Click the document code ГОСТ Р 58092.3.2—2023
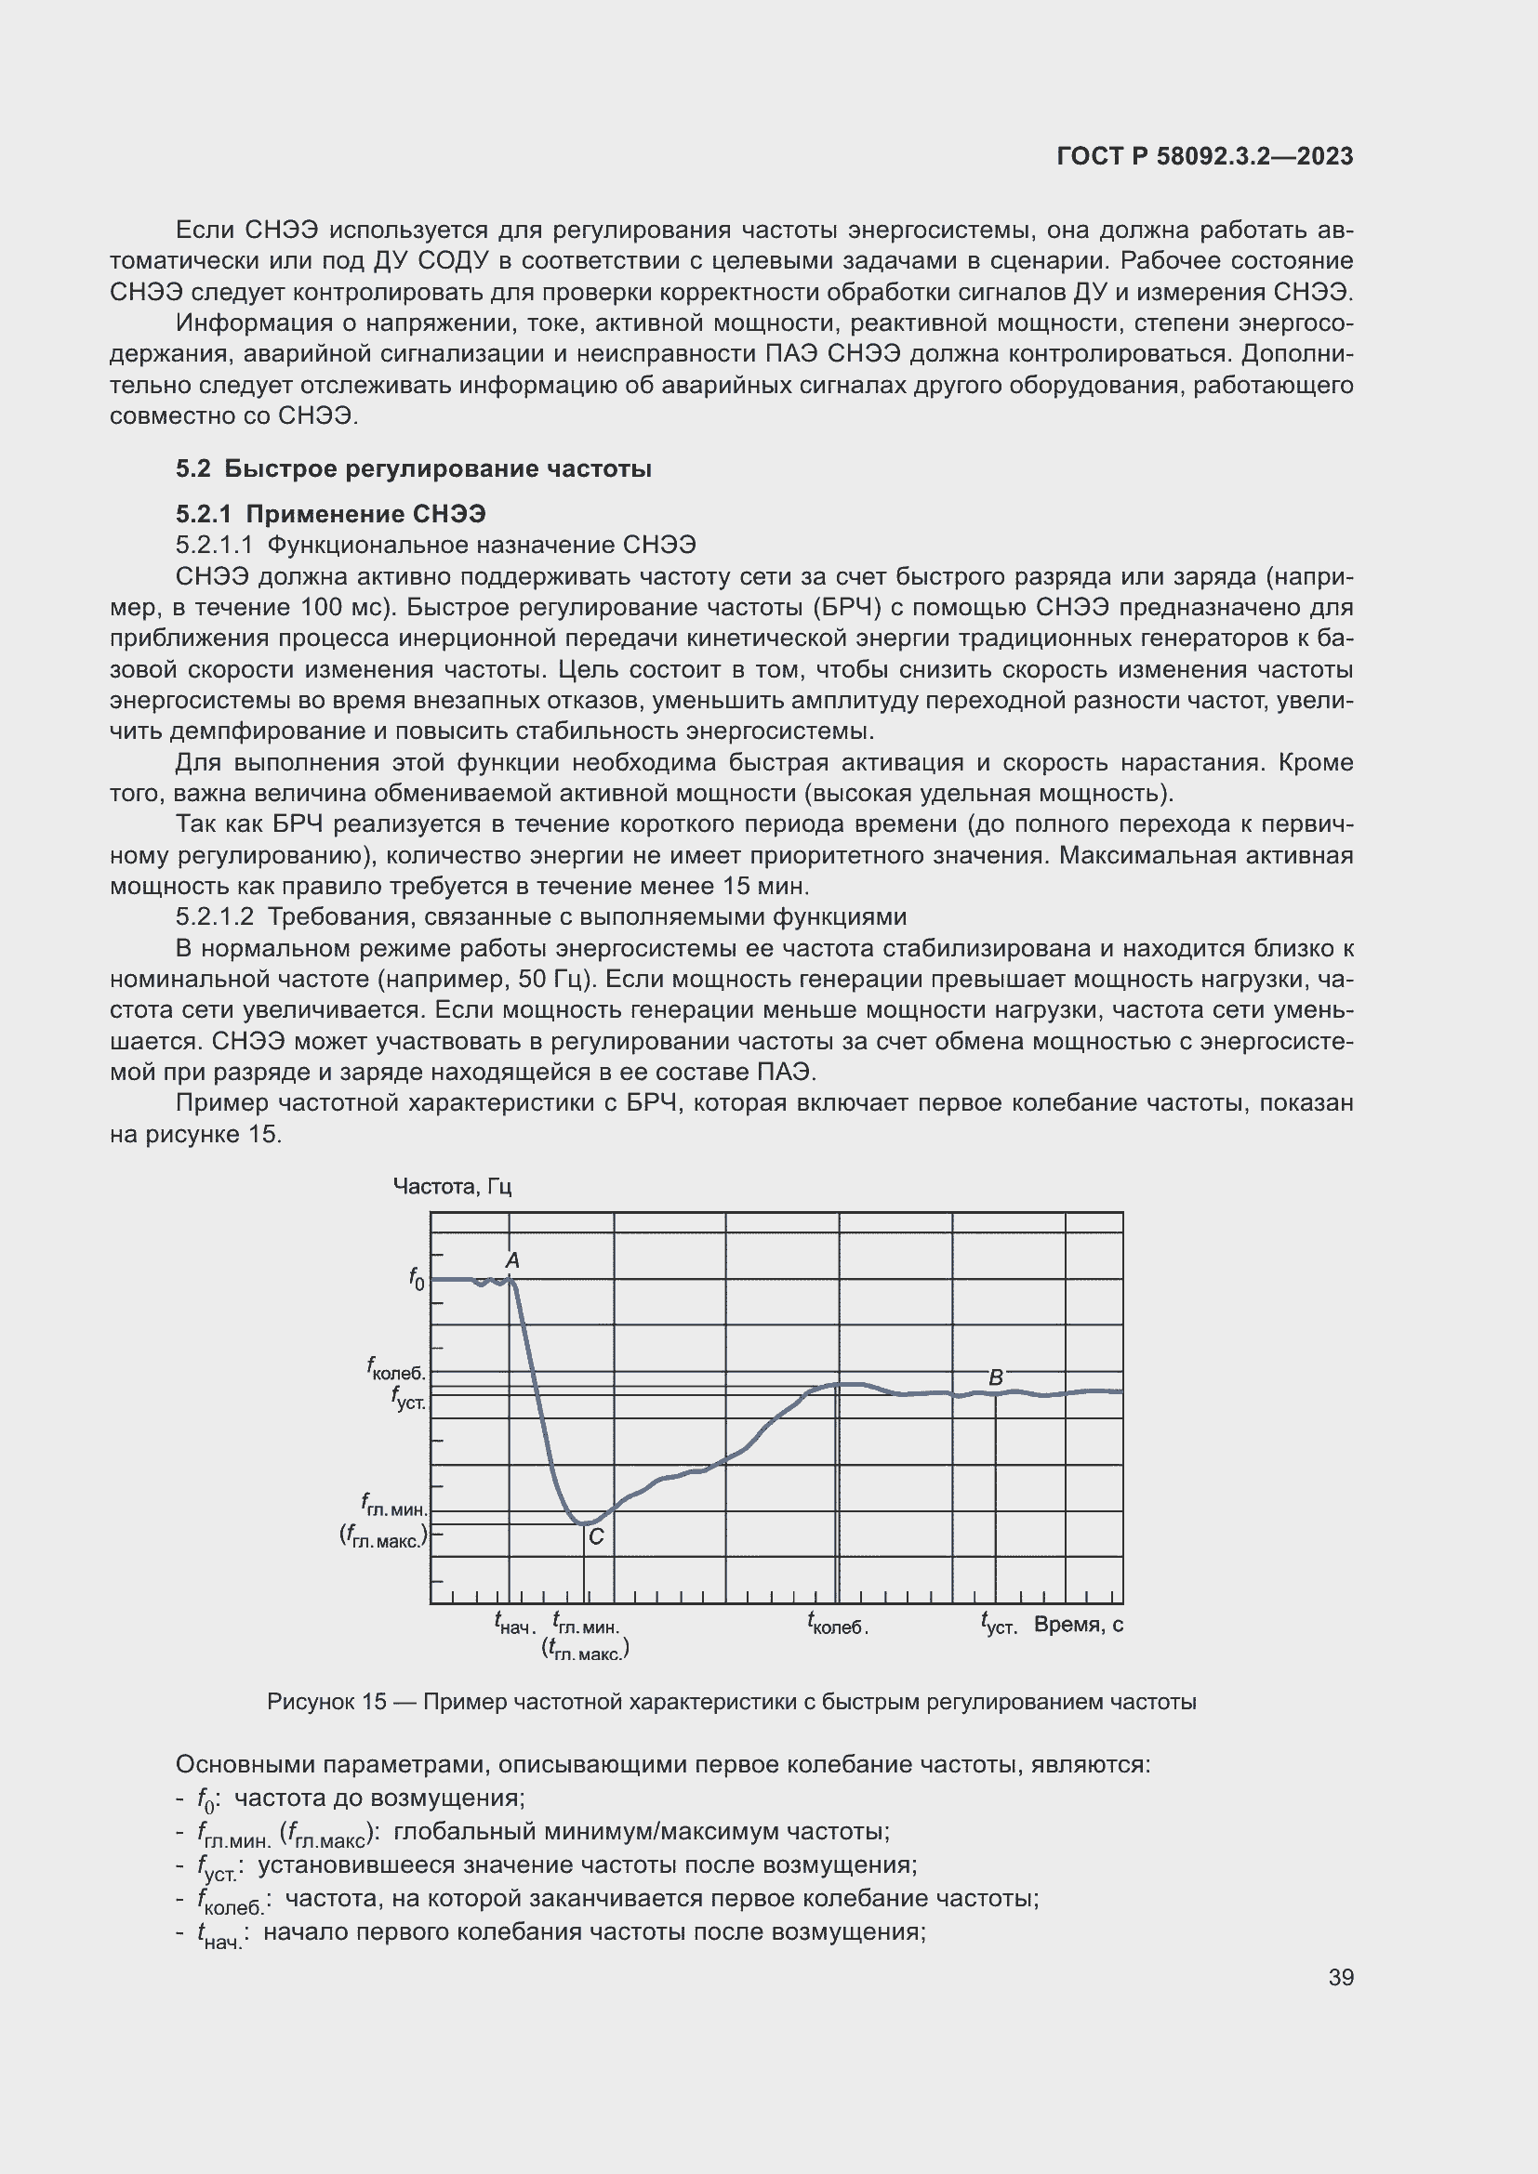tap(1203, 156)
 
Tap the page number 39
tap(1340, 1977)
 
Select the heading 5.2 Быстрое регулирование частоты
tap(414, 468)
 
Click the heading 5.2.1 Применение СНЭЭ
tap(330, 514)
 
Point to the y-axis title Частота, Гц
tap(452, 1186)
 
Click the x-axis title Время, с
tap(1078, 1625)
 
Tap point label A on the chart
tap(512, 1260)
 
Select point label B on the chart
tap(995, 1377)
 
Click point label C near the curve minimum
tap(596, 1536)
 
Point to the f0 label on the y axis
tap(417, 1279)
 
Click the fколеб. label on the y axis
tap(397, 1369)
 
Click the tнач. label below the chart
tap(515, 1624)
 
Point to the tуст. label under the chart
tap(999, 1624)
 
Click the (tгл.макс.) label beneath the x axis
tap(585, 1650)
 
